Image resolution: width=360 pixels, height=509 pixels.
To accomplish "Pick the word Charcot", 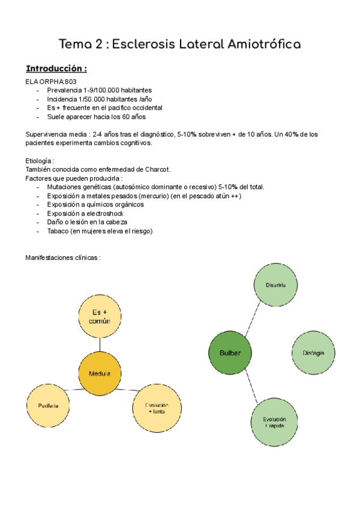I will [x=154, y=169].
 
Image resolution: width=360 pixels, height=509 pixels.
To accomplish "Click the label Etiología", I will [x=40, y=161].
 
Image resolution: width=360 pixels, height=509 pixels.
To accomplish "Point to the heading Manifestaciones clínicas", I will [x=62, y=258].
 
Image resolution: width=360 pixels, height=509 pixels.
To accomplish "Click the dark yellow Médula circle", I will [x=100, y=373].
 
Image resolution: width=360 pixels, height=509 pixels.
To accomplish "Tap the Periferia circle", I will [x=47, y=406].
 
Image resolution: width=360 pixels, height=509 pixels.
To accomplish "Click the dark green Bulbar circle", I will [x=230, y=353].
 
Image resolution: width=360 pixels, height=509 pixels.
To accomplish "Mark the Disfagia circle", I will [x=313, y=353].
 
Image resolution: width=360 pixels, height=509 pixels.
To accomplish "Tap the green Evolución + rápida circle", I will [x=274, y=423].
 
